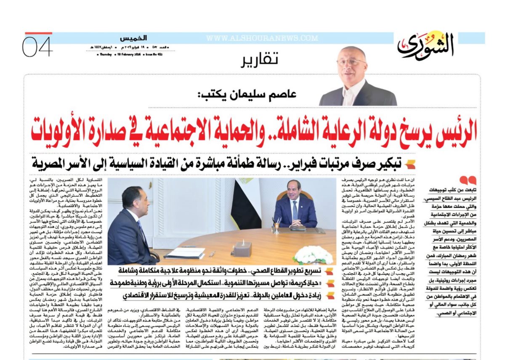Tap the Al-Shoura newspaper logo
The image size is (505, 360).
pyautogui.click(x=426, y=46)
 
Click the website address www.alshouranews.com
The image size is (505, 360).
pyautogui.click(x=262, y=38)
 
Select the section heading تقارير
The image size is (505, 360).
pyautogui.click(x=259, y=60)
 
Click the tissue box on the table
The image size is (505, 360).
pyautogui.click(x=242, y=248)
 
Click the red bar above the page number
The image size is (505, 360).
pyautogui.click(x=38, y=33)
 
